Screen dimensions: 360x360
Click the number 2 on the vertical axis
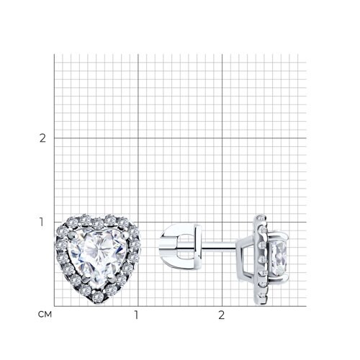(x=42, y=138)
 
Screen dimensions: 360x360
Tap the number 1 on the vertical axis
(x=42, y=222)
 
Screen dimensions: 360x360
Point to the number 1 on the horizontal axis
(x=136, y=315)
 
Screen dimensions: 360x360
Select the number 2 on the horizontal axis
(x=222, y=315)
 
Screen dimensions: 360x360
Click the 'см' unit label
(x=45, y=315)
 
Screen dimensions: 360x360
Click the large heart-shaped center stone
(x=97, y=255)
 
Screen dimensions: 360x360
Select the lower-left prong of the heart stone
(x=84, y=278)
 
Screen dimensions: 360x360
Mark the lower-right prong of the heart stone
(x=110, y=278)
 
